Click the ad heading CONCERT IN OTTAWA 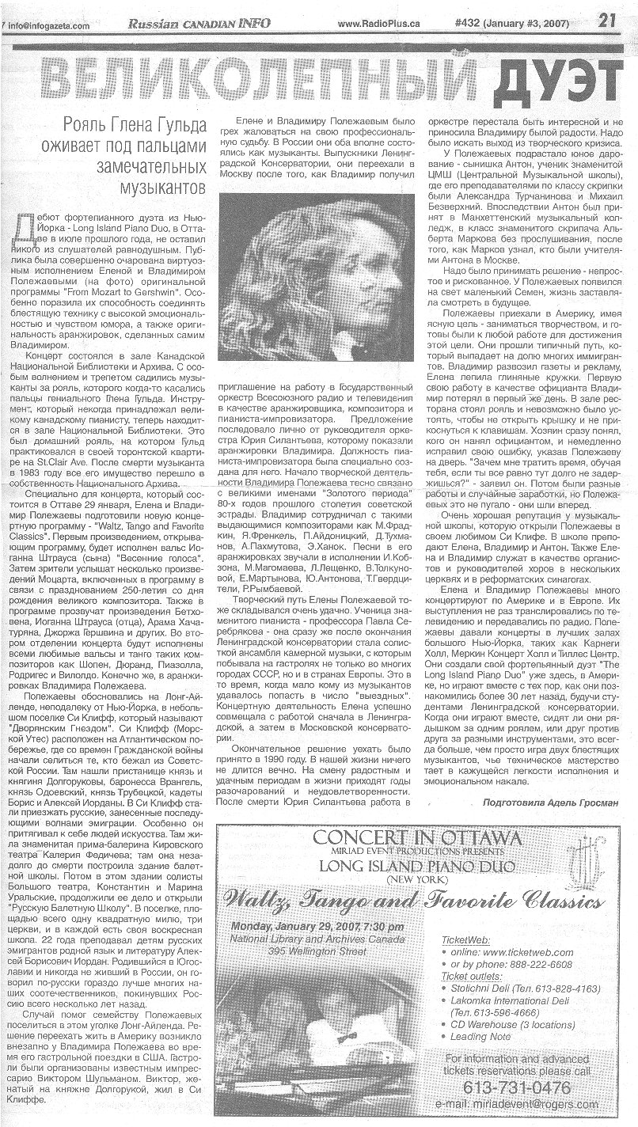coord(417,838)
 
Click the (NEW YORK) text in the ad coord(417,878)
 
